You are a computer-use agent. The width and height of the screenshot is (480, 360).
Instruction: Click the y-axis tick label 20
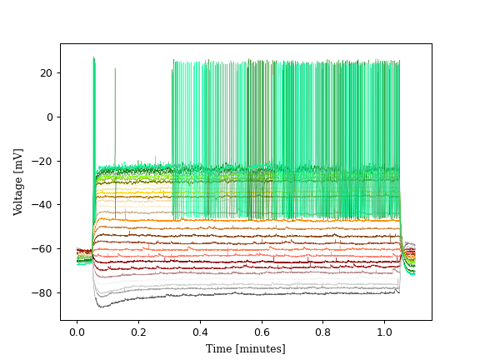pyautogui.click(x=47, y=73)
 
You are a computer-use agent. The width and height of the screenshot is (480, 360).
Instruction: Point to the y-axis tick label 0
pyautogui.click(x=49, y=117)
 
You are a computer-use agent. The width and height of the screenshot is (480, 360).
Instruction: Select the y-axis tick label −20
pyautogui.click(x=43, y=161)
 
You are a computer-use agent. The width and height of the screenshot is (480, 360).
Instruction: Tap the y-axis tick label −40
pyautogui.click(x=43, y=205)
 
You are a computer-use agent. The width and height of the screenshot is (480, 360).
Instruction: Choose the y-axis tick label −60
pyautogui.click(x=43, y=249)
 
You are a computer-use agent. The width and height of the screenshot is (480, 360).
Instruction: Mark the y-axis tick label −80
pyautogui.click(x=43, y=292)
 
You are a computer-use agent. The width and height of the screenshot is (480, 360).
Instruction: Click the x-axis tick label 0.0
pyautogui.click(x=77, y=332)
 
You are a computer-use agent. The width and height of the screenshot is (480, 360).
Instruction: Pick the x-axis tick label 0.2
pyautogui.click(x=138, y=332)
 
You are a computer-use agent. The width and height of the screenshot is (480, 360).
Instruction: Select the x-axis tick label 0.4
pyautogui.click(x=200, y=332)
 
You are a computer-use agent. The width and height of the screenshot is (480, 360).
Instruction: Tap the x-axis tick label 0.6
pyautogui.click(x=262, y=332)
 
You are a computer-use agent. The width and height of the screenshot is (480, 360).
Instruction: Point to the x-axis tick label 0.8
pyautogui.click(x=323, y=332)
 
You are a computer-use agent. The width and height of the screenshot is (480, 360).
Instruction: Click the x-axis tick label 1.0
pyautogui.click(x=384, y=332)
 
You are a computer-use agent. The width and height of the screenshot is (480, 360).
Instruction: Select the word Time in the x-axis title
pyautogui.click(x=219, y=348)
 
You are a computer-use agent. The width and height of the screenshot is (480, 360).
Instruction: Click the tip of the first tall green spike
pyautogui.click(x=93, y=57)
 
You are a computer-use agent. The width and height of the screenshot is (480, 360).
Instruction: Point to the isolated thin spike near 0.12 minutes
pyautogui.click(x=115, y=70)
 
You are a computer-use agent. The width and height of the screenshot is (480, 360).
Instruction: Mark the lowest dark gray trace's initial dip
pyautogui.click(x=100, y=306)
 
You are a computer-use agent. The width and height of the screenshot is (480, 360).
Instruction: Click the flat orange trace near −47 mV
pyautogui.click(x=250, y=220)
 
